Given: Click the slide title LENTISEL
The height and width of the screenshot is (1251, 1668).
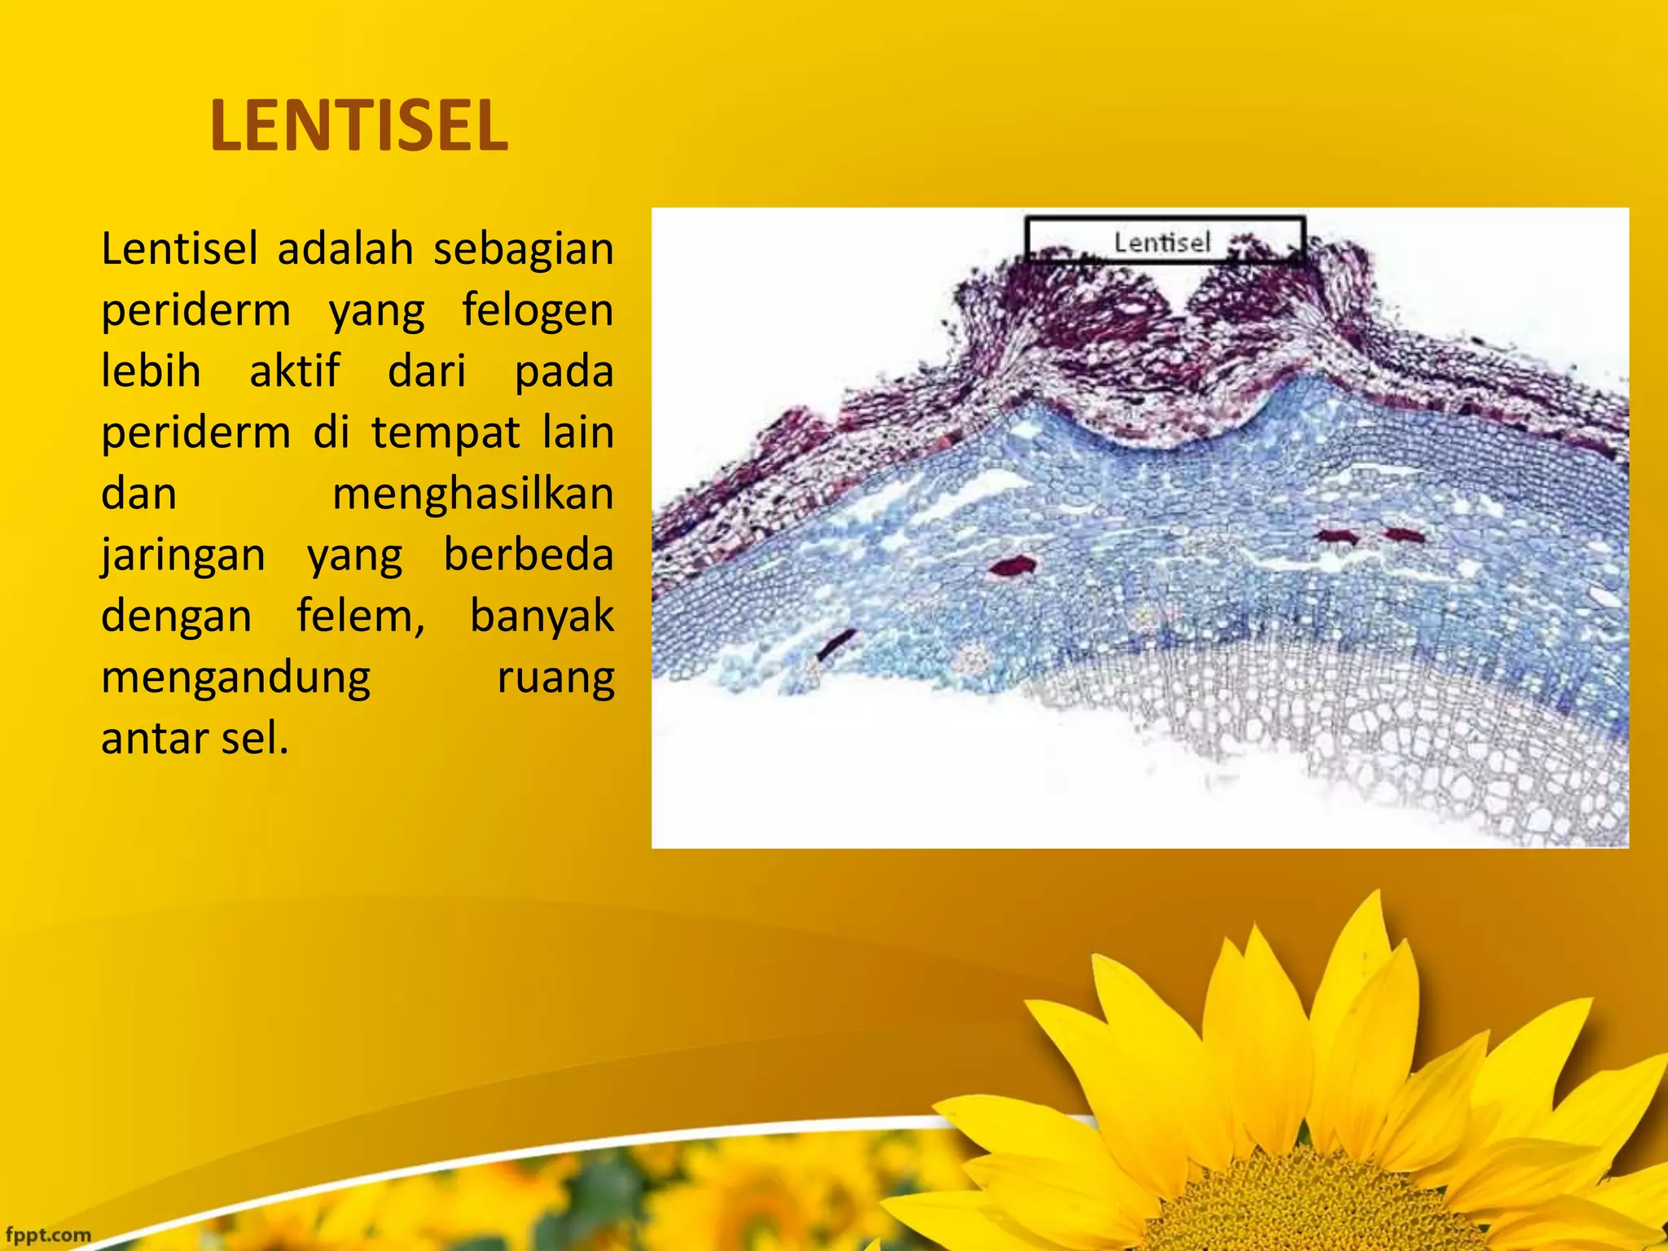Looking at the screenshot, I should (x=358, y=125).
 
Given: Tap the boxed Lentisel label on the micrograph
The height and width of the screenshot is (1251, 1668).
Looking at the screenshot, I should (x=1163, y=242).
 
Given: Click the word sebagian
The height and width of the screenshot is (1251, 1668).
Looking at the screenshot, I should (x=523, y=248).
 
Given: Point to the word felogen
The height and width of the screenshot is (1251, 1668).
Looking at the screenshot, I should (x=538, y=310).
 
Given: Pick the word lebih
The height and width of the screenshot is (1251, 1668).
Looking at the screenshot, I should (x=151, y=371).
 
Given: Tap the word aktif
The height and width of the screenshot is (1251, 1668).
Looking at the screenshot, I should (x=294, y=371).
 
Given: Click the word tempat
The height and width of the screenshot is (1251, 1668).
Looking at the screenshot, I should (x=446, y=432).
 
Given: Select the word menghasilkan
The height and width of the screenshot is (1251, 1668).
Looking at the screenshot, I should (x=472, y=494).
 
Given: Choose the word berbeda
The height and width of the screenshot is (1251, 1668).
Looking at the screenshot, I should (x=528, y=555).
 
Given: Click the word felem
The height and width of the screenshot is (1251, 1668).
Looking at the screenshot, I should (x=360, y=617).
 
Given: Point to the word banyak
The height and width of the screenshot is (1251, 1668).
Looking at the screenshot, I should (x=542, y=617).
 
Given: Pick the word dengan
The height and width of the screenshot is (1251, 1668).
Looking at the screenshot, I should (x=177, y=617).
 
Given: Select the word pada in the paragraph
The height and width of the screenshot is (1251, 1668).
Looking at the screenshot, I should (x=564, y=372).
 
